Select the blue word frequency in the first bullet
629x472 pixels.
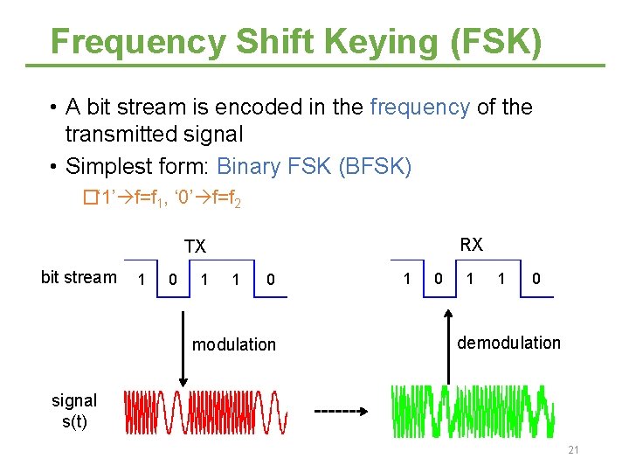[420, 108]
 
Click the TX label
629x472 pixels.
[195, 247]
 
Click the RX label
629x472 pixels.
[472, 244]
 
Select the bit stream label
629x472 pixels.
[79, 277]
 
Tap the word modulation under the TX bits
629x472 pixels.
[233, 344]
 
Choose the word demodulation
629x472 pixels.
[508, 343]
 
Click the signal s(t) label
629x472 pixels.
[74, 410]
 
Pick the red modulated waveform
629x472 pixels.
[206, 412]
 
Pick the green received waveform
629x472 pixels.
[473, 410]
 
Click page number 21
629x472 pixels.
[573, 450]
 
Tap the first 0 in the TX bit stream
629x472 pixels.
[173, 280]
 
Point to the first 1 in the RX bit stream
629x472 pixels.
[406, 278]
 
